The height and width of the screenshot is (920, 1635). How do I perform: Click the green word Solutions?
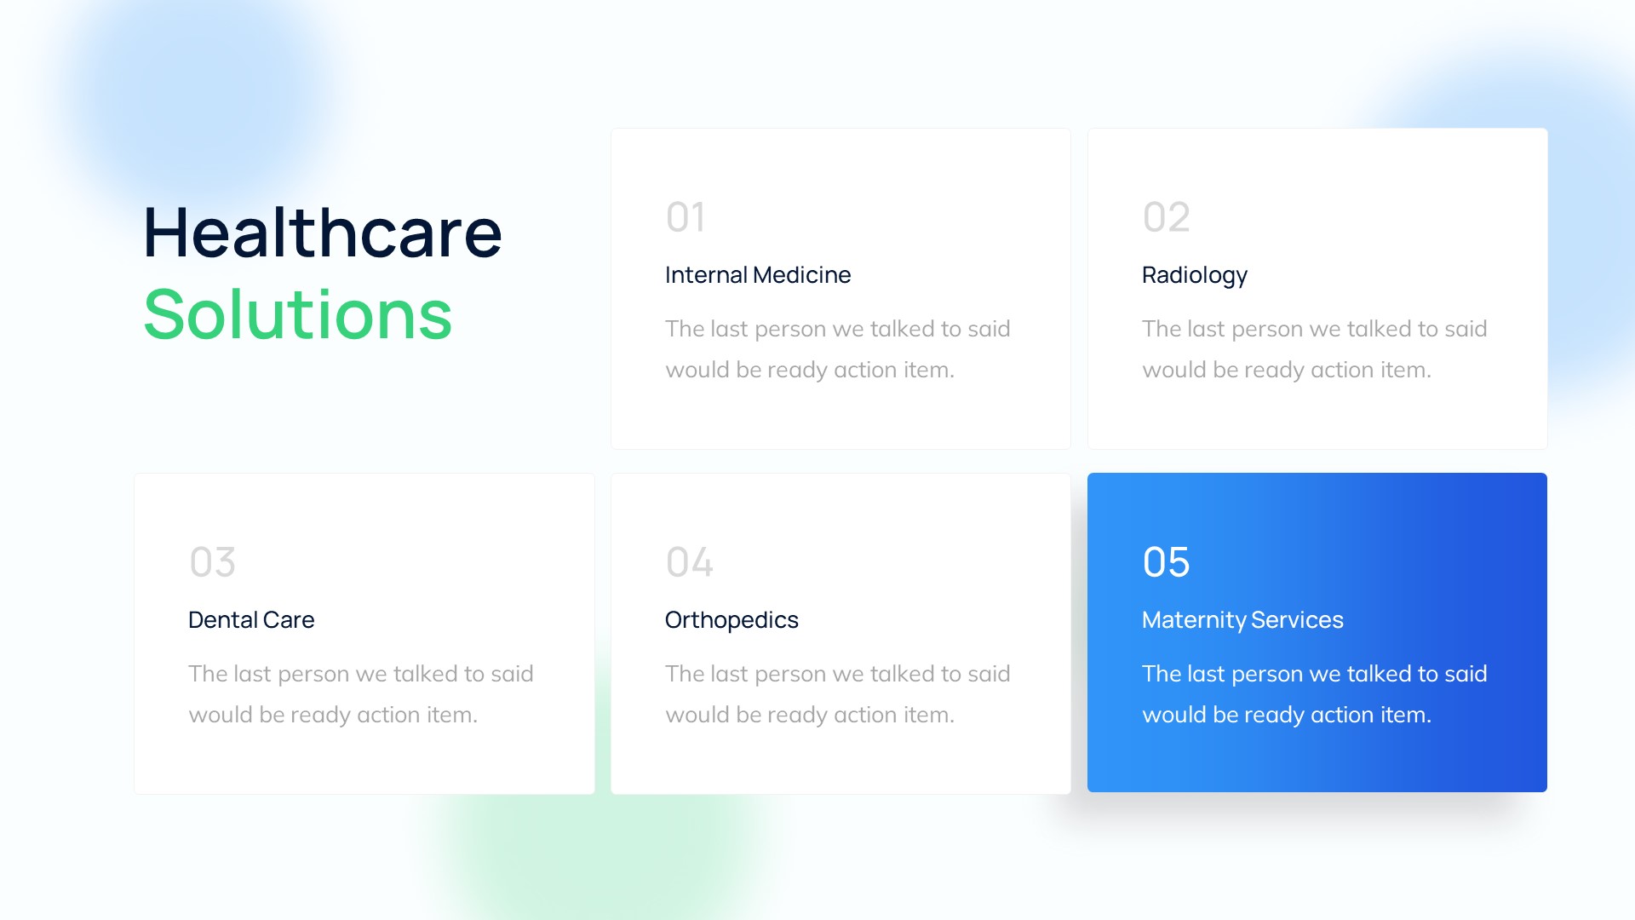(x=298, y=315)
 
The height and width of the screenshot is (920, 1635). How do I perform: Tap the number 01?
(x=686, y=217)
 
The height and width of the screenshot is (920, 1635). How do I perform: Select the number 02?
(x=1166, y=217)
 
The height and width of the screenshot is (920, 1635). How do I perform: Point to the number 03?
(x=212, y=562)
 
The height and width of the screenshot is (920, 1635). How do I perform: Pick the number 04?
(x=689, y=562)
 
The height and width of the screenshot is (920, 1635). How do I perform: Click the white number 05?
(x=1166, y=562)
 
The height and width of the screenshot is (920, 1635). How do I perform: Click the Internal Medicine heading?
(x=757, y=275)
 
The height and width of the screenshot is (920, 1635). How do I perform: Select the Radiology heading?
(x=1194, y=275)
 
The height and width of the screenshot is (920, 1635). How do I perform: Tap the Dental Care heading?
(x=251, y=620)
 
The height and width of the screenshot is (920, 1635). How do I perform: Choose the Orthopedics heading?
(x=731, y=620)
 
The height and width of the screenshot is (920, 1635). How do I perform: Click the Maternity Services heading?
(x=1242, y=620)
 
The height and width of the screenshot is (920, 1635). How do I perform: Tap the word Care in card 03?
(x=289, y=620)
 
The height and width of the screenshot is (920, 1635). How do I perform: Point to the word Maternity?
(x=1194, y=620)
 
